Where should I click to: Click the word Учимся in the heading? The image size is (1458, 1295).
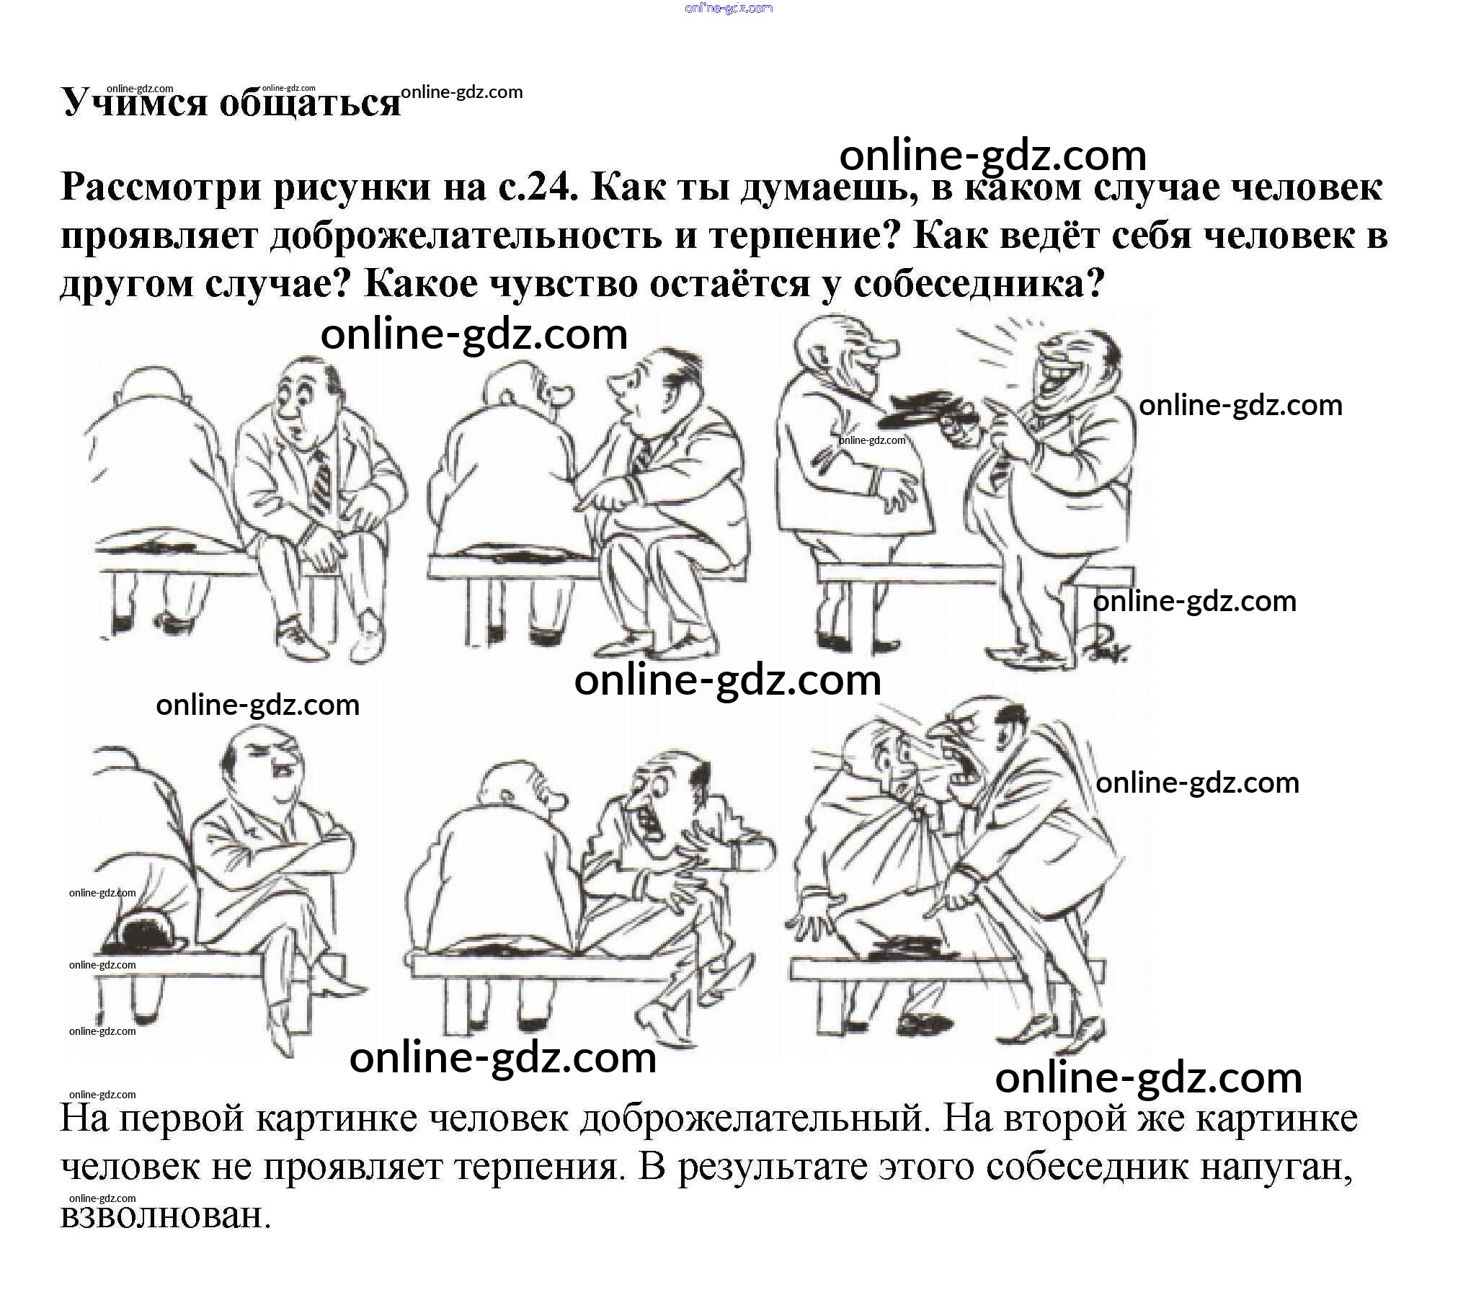coord(133,102)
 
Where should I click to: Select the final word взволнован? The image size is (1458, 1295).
coord(166,1216)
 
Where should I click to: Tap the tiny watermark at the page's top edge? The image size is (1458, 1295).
coord(729,8)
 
